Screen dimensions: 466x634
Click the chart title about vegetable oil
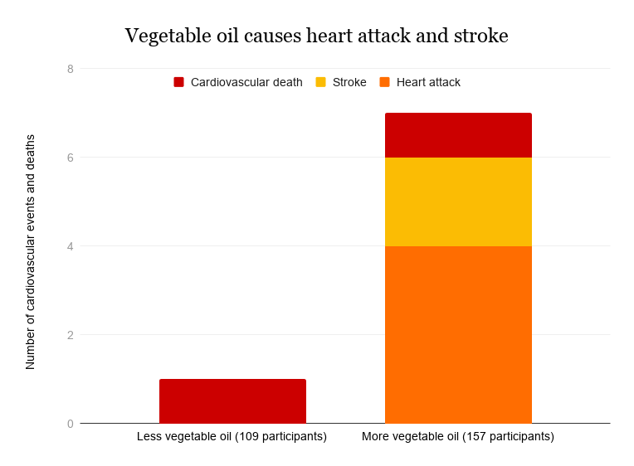point(316,36)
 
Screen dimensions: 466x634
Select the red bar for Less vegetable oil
point(232,401)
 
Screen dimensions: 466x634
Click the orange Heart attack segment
point(458,334)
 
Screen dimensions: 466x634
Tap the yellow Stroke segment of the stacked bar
point(458,201)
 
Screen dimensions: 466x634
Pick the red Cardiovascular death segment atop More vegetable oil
point(458,135)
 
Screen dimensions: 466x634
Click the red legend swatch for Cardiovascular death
point(178,82)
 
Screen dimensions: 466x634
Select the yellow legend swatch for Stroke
point(320,82)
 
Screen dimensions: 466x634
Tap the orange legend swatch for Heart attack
point(384,82)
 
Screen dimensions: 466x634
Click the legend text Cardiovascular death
point(246,82)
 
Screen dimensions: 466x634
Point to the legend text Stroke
point(349,82)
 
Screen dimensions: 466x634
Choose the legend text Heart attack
point(428,82)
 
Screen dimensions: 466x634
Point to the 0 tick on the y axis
point(71,424)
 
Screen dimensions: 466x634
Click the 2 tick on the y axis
point(71,335)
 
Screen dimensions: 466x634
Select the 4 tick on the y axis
point(71,246)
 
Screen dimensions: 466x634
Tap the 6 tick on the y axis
point(71,158)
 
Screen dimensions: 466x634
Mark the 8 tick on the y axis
point(71,69)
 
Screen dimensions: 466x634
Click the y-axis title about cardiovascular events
point(31,251)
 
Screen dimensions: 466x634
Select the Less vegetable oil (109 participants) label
point(232,436)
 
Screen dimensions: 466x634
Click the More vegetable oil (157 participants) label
point(458,436)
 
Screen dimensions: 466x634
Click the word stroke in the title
point(479,36)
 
